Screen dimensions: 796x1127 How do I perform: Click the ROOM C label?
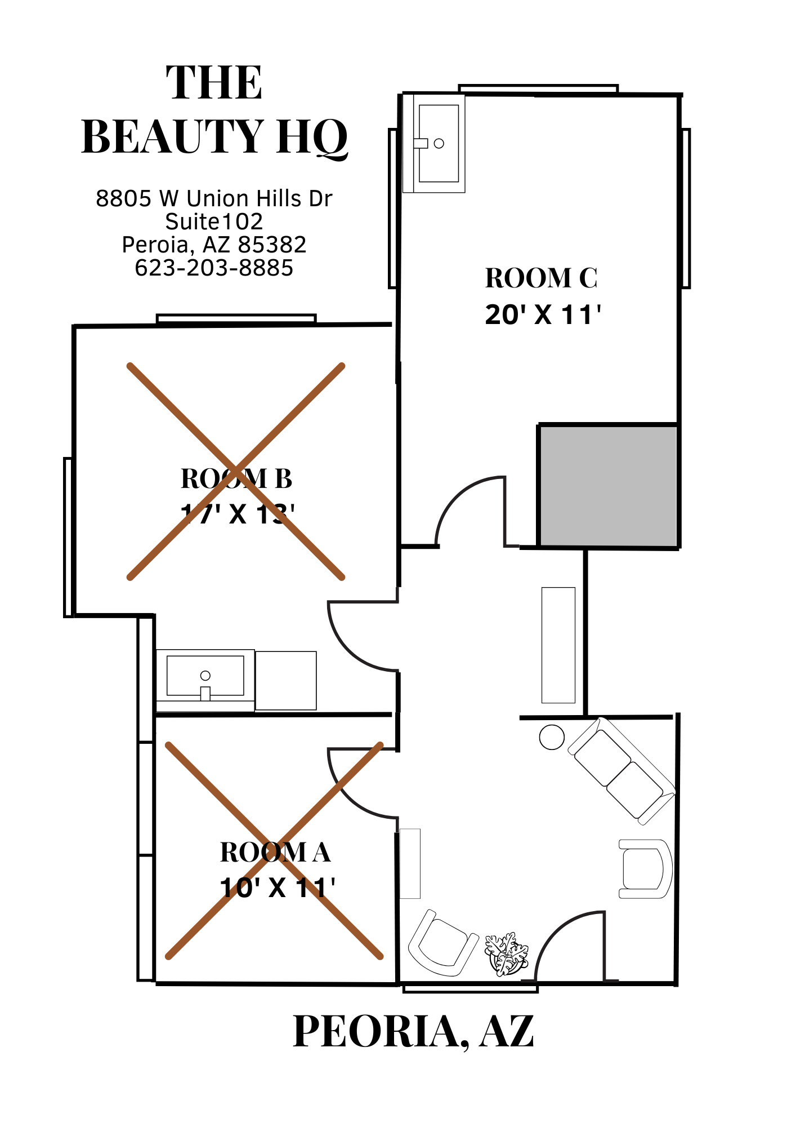[x=541, y=278]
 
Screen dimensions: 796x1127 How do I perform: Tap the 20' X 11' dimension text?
[x=543, y=314]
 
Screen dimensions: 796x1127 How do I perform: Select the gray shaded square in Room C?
[x=608, y=486]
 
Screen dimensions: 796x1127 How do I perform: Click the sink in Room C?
[x=434, y=143]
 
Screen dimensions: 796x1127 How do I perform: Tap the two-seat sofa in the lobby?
[x=621, y=771]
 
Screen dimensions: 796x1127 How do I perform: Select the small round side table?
[x=552, y=737]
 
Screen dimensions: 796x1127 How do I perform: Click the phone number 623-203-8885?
[x=214, y=268]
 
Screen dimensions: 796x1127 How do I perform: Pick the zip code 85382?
[x=272, y=245]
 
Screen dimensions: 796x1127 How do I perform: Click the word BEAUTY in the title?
[x=173, y=136]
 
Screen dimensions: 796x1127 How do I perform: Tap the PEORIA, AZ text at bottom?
[x=413, y=1031]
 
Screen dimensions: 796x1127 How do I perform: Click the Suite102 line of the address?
[x=214, y=221]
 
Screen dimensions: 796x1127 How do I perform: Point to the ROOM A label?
[x=275, y=852]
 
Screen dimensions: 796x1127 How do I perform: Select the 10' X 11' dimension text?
[x=278, y=888]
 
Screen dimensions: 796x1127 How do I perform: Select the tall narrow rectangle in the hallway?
[x=558, y=645]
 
